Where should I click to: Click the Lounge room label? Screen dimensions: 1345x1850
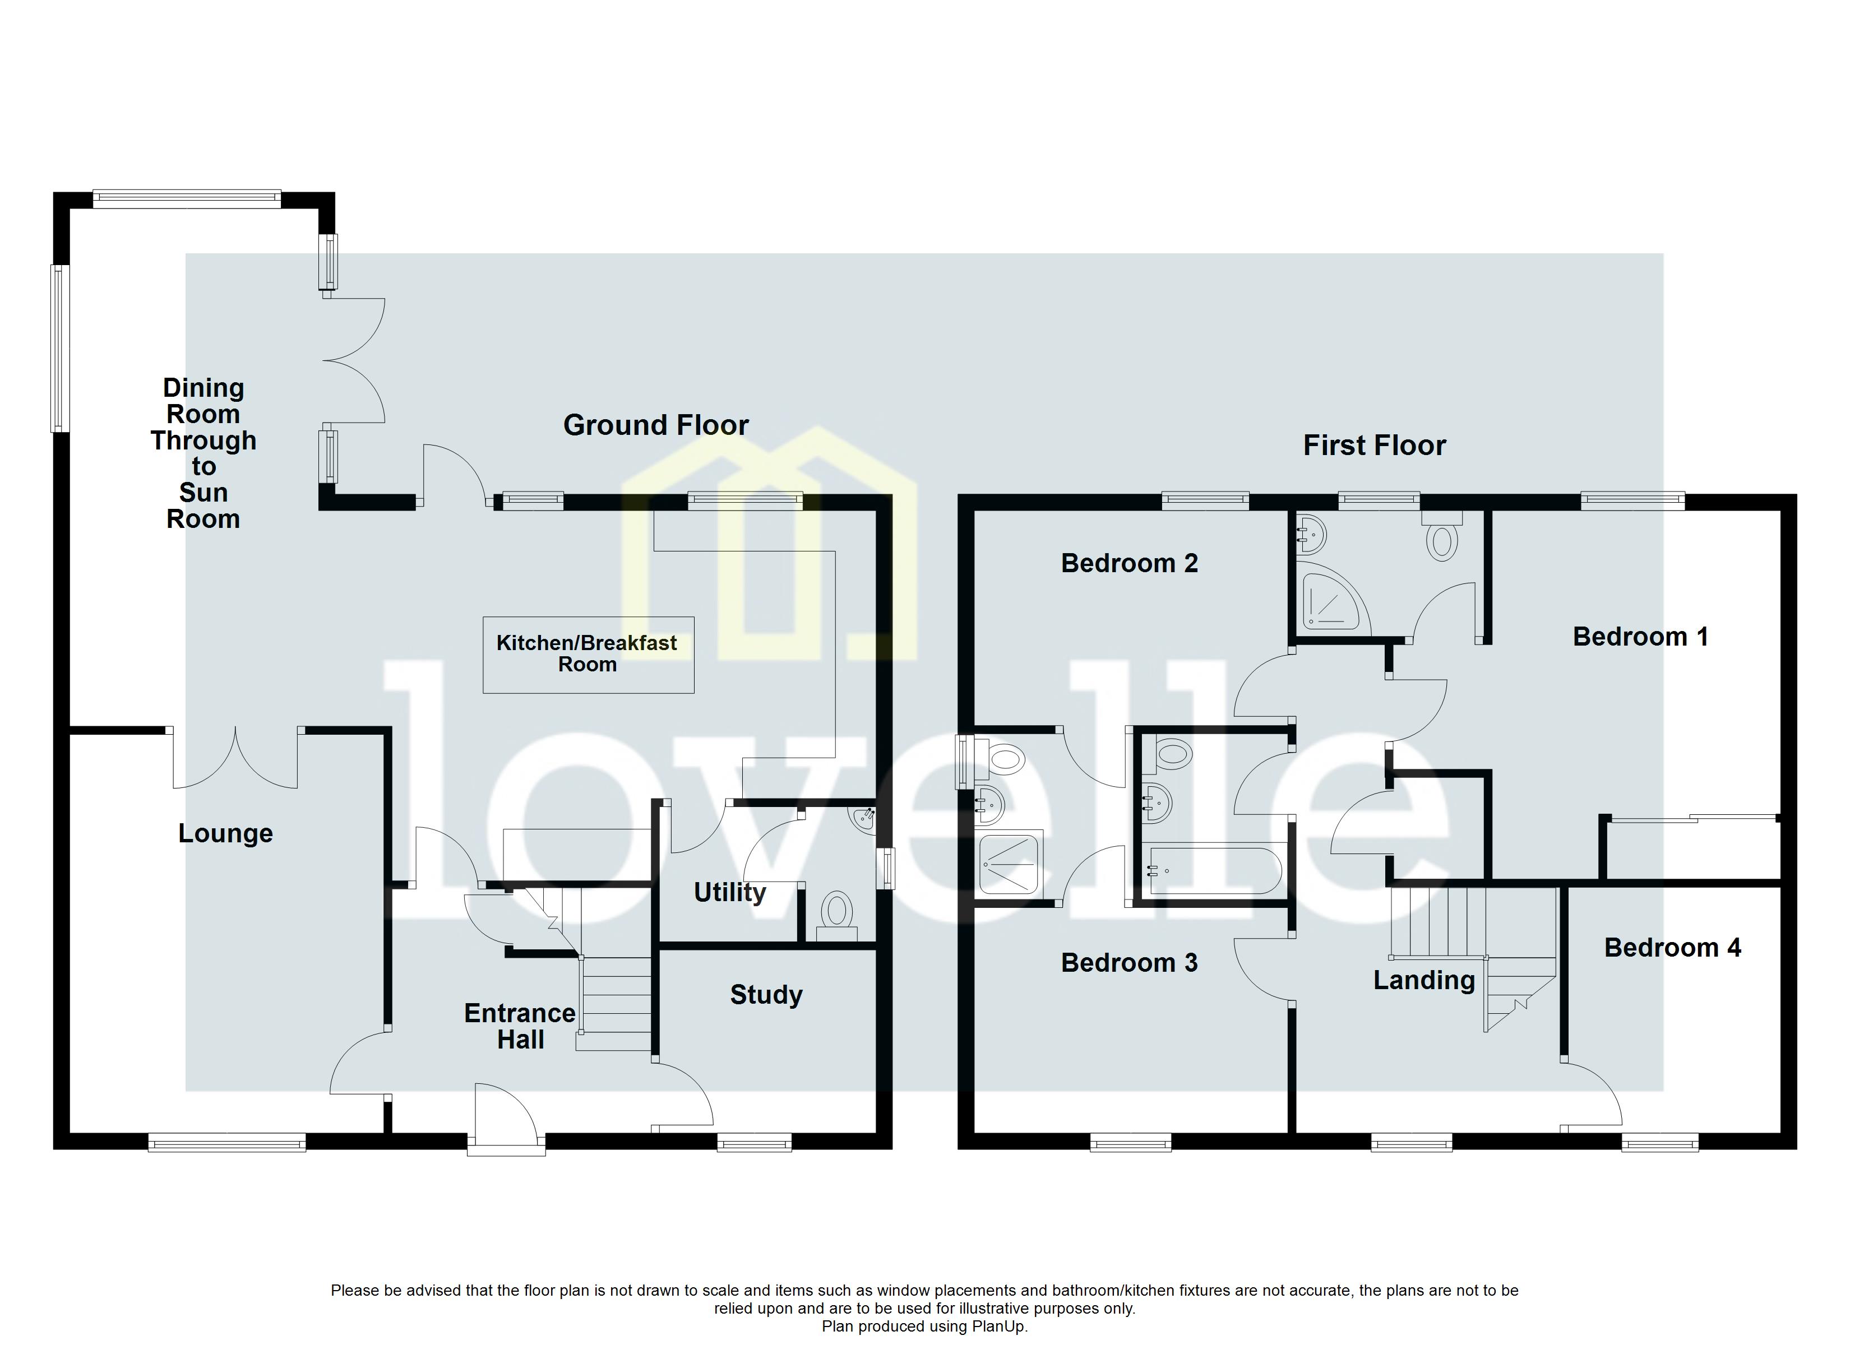coord(225,833)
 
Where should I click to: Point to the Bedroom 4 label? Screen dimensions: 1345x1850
coord(1672,948)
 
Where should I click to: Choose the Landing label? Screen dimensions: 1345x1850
coord(1424,980)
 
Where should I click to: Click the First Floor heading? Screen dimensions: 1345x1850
coord(1375,446)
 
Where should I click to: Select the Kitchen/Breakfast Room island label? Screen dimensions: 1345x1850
coord(588,654)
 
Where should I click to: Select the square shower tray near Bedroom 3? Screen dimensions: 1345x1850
coord(1010,863)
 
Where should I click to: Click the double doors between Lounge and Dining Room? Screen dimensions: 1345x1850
coord(235,759)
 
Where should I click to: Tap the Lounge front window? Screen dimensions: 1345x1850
coord(226,1144)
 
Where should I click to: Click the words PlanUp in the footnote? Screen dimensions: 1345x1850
coord(998,1327)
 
